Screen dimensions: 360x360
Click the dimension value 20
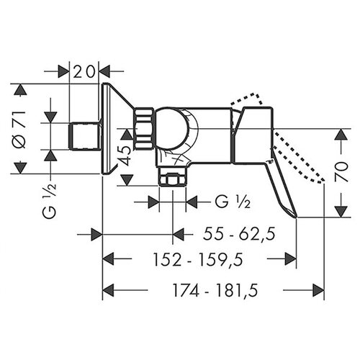pos(84,72)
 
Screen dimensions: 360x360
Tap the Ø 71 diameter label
pos(21,130)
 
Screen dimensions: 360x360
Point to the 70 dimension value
pos(341,171)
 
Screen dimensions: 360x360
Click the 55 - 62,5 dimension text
pos(239,234)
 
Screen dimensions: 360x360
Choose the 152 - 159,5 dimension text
pos(198,260)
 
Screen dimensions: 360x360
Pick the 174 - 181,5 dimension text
pos(215,290)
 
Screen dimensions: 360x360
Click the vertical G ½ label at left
pos(50,201)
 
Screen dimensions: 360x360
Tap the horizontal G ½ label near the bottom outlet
pos(233,203)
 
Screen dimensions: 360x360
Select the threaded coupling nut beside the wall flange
pos(145,129)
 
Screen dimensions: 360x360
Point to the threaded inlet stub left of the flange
pos(84,136)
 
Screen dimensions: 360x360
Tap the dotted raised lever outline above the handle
pos(247,99)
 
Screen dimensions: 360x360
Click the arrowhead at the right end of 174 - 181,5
pos(318,290)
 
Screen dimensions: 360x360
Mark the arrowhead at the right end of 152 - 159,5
pos(291,258)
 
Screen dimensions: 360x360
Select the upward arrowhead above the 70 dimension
pos(341,135)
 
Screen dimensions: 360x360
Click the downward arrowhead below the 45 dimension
pos(127,180)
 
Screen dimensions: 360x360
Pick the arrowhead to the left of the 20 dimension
pos(63,71)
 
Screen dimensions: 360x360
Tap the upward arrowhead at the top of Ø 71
pos(20,90)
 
